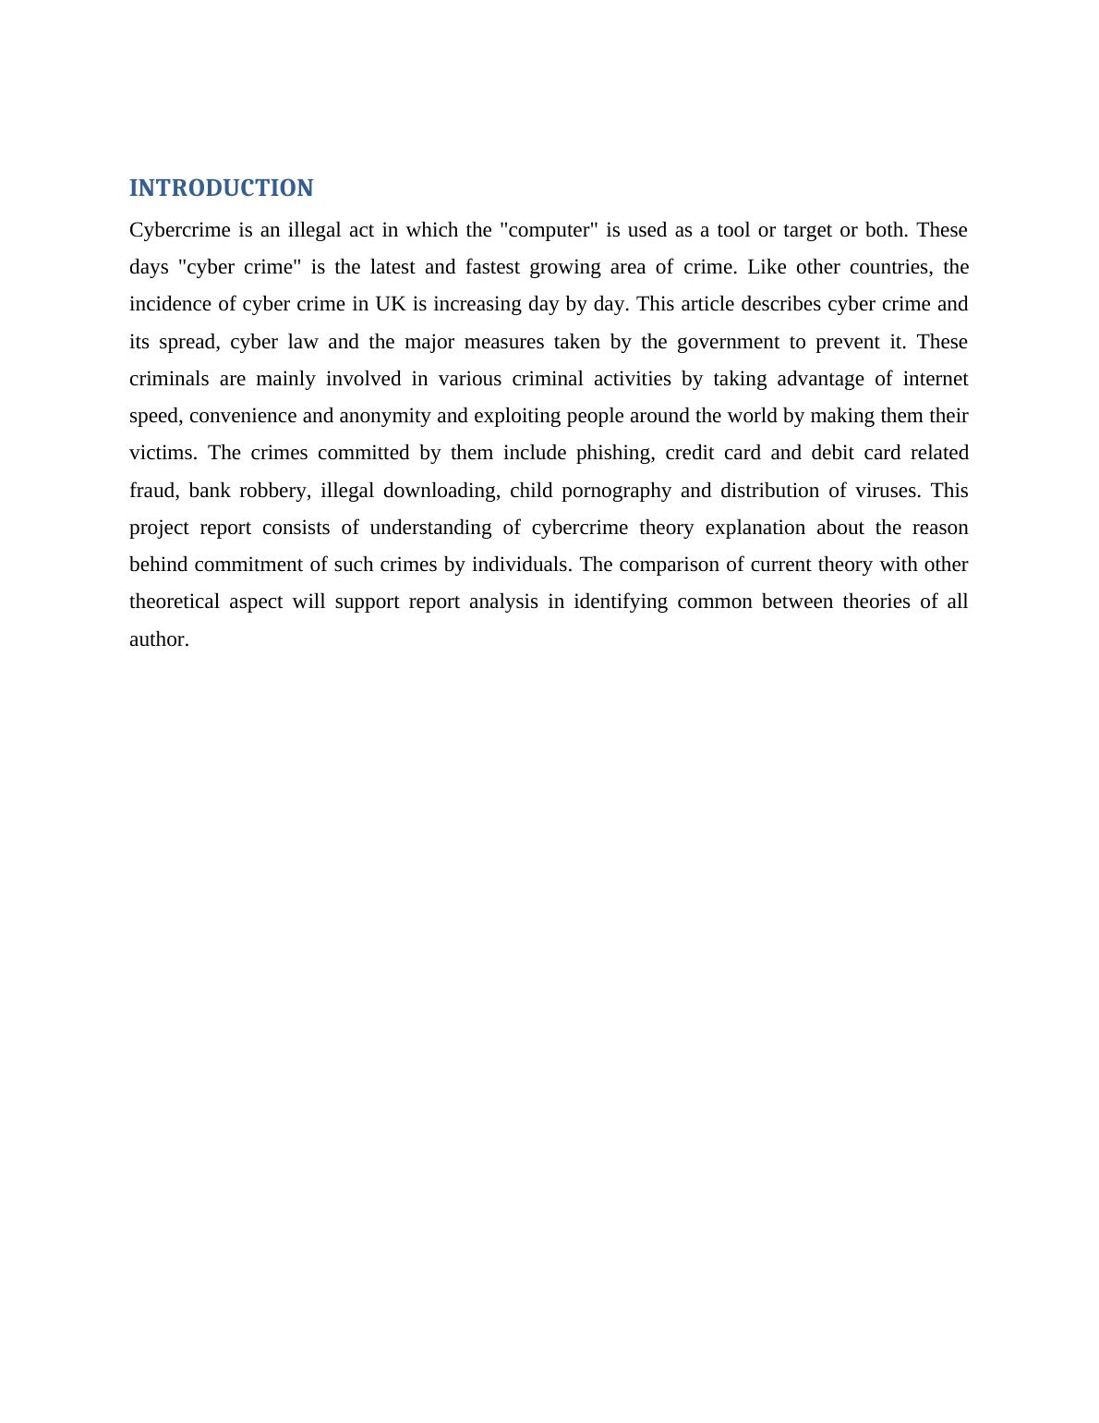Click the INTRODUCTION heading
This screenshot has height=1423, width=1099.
tap(221, 189)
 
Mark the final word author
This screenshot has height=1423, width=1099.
tap(159, 639)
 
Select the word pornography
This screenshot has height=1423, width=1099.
tap(610, 491)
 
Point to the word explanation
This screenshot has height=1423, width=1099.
tap(755, 528)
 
